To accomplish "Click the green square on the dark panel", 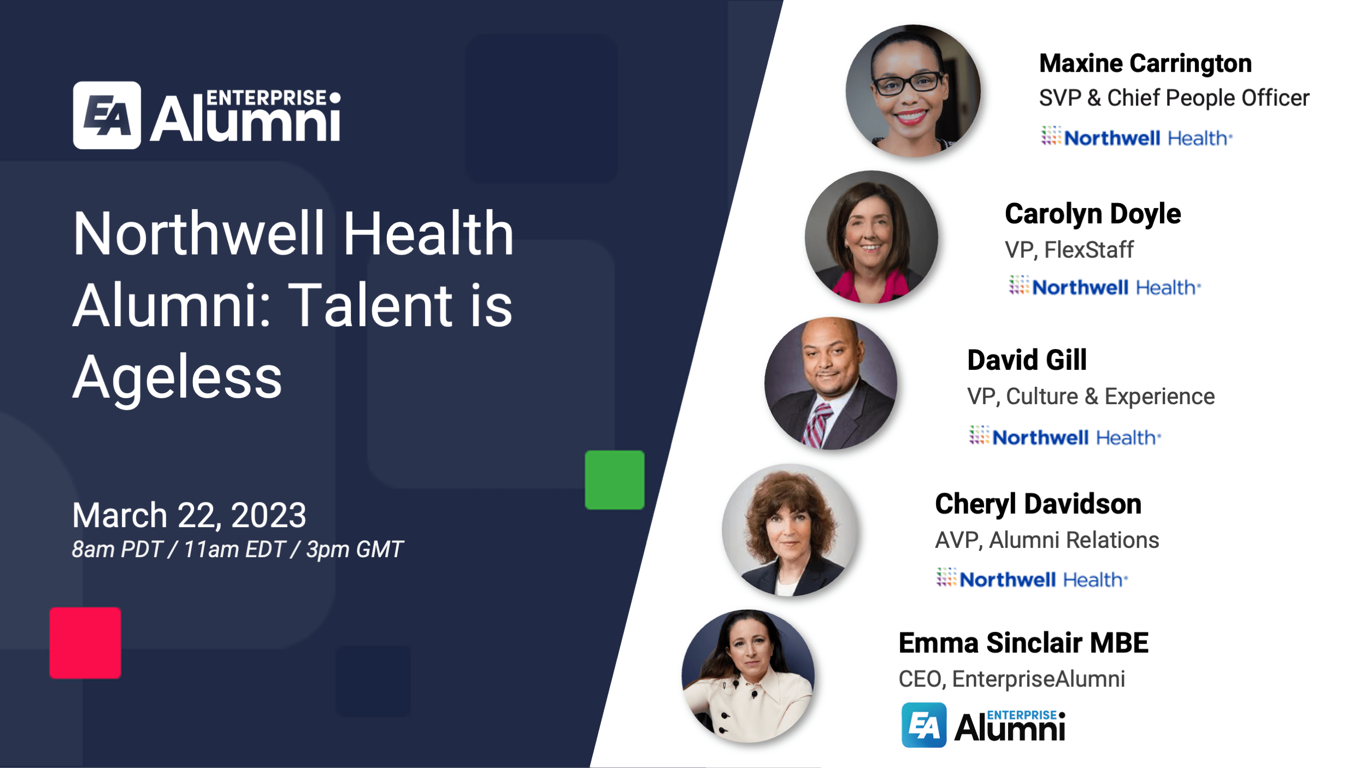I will tap(614, 480).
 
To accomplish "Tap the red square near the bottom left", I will tap(85, 643).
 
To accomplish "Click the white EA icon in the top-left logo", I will tap(107, 115).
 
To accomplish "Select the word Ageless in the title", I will tap(177, 378).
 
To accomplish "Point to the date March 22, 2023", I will tap(189, 515).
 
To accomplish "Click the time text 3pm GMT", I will tap(355, 550).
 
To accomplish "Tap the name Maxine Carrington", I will tap(1145, 63).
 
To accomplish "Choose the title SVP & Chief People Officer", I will tap(1174, 98).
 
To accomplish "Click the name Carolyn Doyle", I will tap(1093, 214).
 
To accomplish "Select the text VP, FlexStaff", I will tap(1069, 250).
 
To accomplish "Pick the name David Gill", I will tap(1027, 360).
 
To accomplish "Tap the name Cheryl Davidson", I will tap(1038, 504).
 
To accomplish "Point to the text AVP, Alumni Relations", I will tap(1047, 540).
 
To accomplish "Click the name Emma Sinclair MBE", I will tap(1023, 642).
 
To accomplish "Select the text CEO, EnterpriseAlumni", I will tap(1011, 679).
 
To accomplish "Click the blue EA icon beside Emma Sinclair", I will tap(923, 725).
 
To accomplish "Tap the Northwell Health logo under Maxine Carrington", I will tap(1137, 138).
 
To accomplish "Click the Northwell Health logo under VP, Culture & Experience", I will tap(1065, 437).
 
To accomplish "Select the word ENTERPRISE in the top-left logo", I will tap(266, 98).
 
